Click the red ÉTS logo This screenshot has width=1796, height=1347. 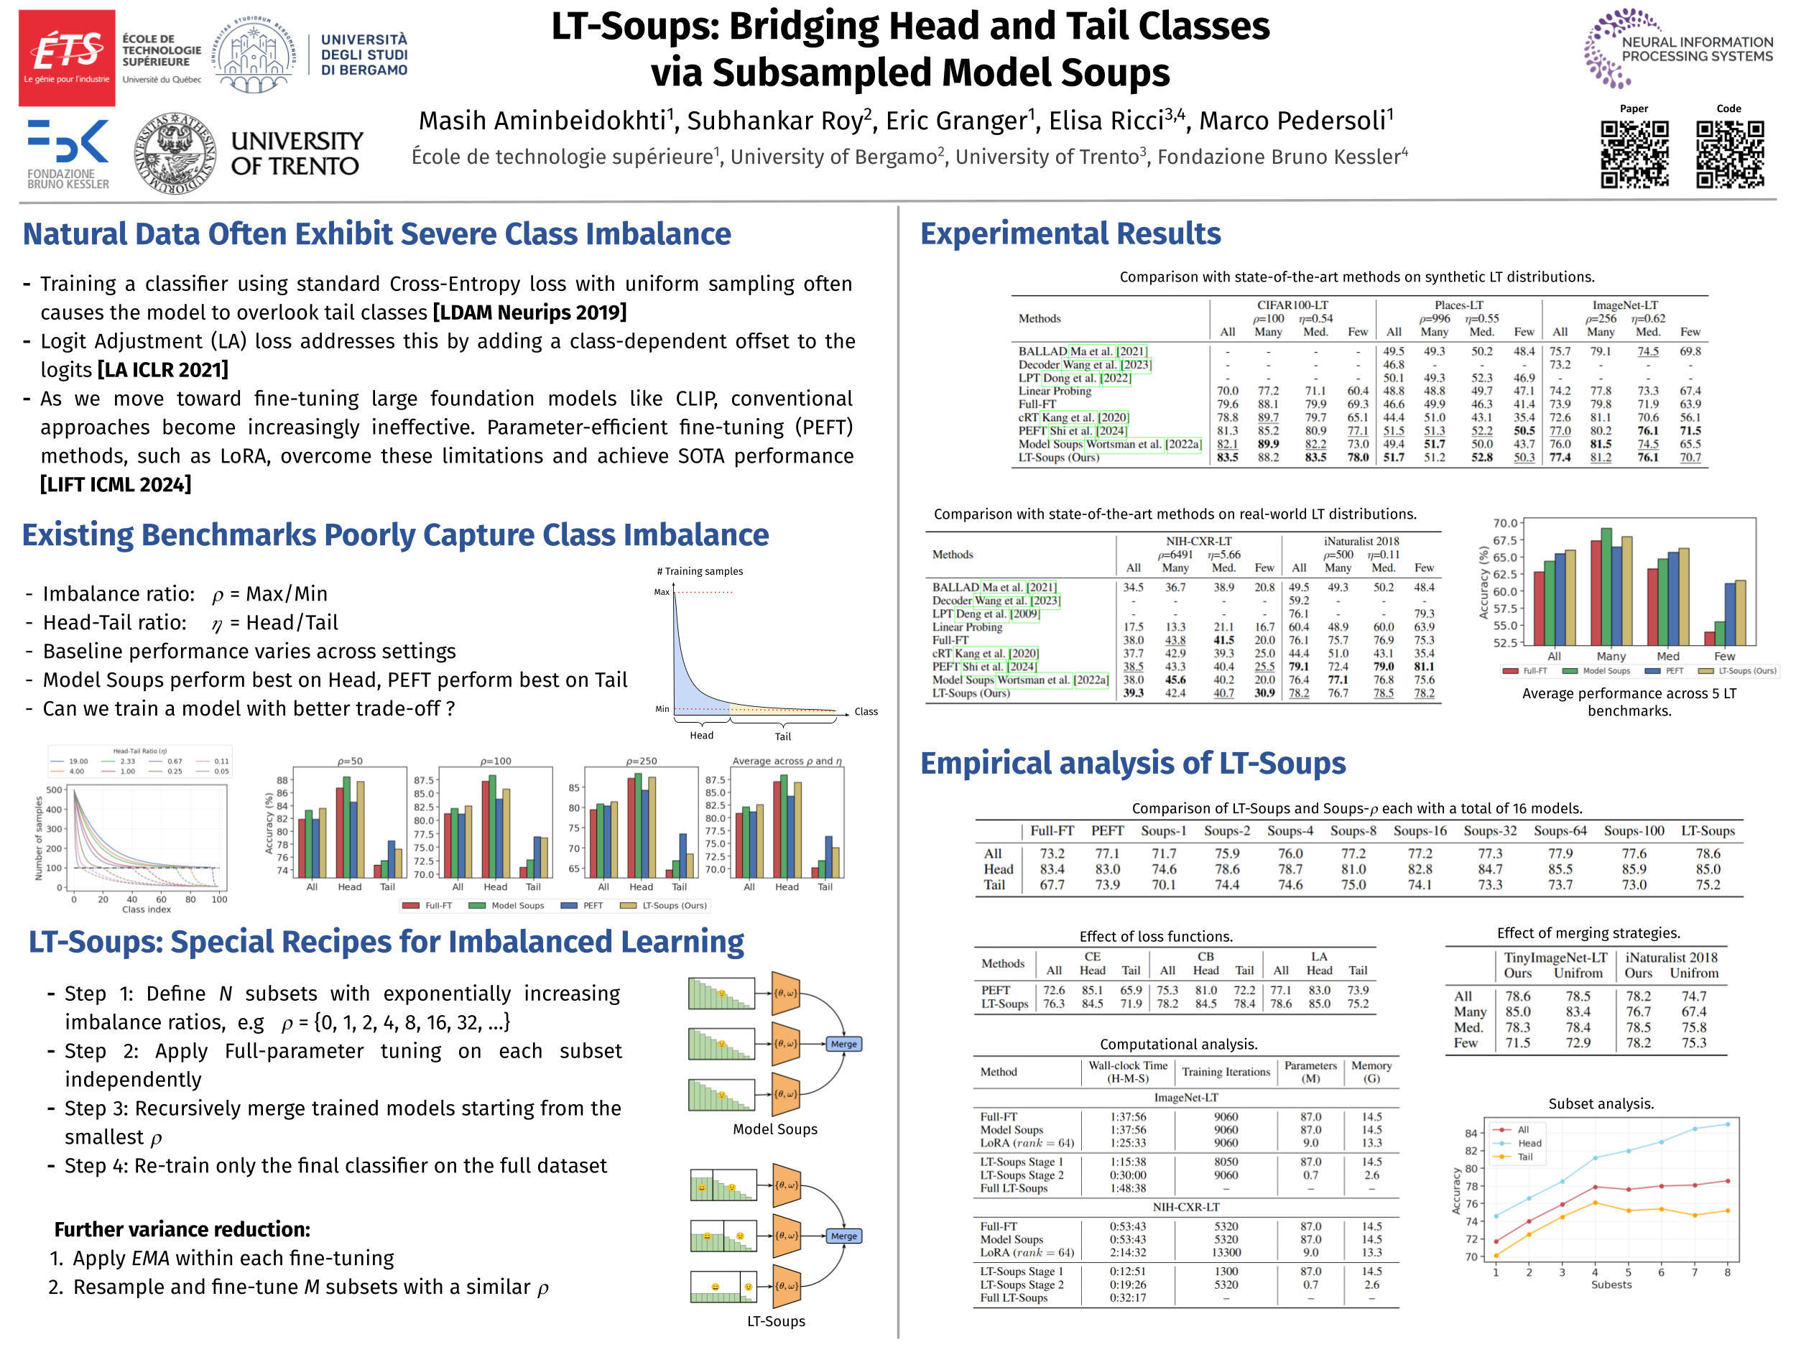(67, 57)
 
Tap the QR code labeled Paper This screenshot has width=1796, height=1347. (1634, 154)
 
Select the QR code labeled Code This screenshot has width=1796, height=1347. (1728, 154)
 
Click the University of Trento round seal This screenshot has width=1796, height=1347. (175, 154)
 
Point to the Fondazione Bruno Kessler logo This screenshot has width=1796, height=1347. (68, 154)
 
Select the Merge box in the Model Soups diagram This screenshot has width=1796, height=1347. (843, 1044)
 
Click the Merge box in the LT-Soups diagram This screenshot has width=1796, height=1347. (843, 1236)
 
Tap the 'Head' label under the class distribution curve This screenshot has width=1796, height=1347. (701, 736)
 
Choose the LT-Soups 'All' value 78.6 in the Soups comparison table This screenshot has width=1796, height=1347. (1708, 853)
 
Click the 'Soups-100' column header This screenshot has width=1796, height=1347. (1634, 830)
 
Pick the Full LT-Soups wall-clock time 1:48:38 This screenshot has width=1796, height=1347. (1128, 1188)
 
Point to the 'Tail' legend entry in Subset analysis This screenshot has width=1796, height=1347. (1525, 1157)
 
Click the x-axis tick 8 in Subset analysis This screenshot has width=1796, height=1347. (1727, 1272)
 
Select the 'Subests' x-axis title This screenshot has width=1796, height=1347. (1611, 1284)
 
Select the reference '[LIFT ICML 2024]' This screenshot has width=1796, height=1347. (116, 485)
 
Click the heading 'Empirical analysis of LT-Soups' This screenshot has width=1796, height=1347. (1133, 763)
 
